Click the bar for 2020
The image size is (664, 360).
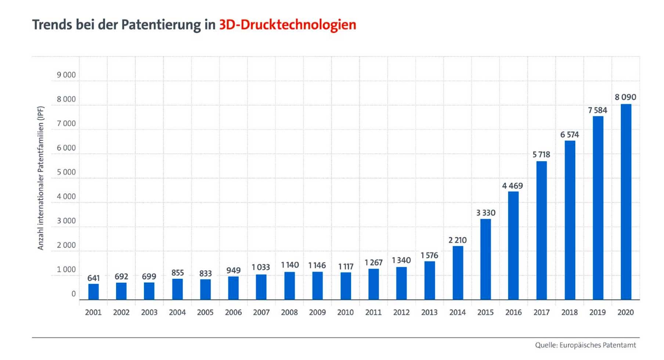pyautogui.click(x=626, y=202)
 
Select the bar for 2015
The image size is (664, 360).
pyautogui.click(x=486, y=259)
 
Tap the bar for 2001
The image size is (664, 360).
pyautogui.click(x=93, y=292)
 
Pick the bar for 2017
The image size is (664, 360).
pyautogui.click(x=541, y=230)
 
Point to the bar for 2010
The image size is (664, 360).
pyautogui.click(x=346, y=286)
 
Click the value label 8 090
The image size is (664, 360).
pyautogui.click(x=625, y=97)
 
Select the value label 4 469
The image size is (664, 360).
pyautogui.click(x=512, y=186)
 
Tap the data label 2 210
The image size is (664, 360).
pyautogui.click(x=457, y=240)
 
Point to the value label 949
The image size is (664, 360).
pyautogui.click(x=233, y=271)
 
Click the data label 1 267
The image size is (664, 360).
pyautogui.click(x=373, y=263)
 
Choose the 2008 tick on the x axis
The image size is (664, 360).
pyautogui.click(x=289, y=313)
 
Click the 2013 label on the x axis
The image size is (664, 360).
pyautogui.click(x=429, y=313)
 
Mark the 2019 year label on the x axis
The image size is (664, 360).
pyautogui.click(x=598, y=313)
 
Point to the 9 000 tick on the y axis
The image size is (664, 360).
pyautogui.click(x=66, y=75)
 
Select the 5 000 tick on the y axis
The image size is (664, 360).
pyautogui.click(x=66, y=172)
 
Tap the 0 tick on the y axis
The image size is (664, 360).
pyautogui.click(x=73, y=294)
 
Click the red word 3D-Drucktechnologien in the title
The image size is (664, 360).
pyautogui.click(x=288, y=25)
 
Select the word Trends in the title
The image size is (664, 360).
pyautogui.click(x=52, y=25)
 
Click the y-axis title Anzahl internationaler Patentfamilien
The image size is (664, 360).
pyautogui.click(x=40, y=178)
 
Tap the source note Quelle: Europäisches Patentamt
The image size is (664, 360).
pyautogui.click(x=585, y=345)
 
